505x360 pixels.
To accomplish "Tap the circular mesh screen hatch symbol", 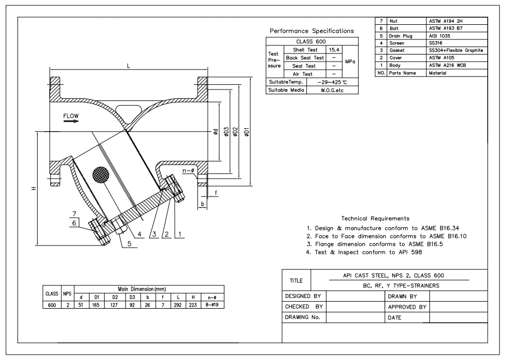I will coord(101,174).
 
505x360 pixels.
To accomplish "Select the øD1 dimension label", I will coord(247,132).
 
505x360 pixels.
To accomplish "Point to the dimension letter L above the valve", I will coord(128,65).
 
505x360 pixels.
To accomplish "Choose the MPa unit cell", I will coord(350,62).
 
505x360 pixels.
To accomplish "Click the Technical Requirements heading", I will coord(375,219).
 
